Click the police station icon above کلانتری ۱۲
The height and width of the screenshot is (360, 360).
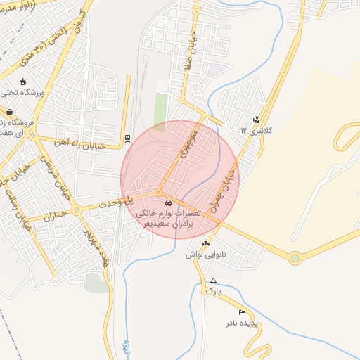[x=255, y=120]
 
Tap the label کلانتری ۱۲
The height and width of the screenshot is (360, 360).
[x=256, y=131]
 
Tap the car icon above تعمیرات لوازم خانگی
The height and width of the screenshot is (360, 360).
[x=167, y=202]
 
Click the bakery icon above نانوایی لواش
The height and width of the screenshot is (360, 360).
[x=205, y=244]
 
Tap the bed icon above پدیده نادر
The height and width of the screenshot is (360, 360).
[x=243, y=312]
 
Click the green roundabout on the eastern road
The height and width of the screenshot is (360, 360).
[x=295, y=258]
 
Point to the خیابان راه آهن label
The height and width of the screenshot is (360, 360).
[x=83, y=143]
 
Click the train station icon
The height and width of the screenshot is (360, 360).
[x=127, y=139]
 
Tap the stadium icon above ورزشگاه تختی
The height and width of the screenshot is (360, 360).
[x=23, y=81]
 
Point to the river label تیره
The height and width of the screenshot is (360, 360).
[x=125, y=347]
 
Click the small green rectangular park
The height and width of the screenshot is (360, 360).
[x=162, y=108]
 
